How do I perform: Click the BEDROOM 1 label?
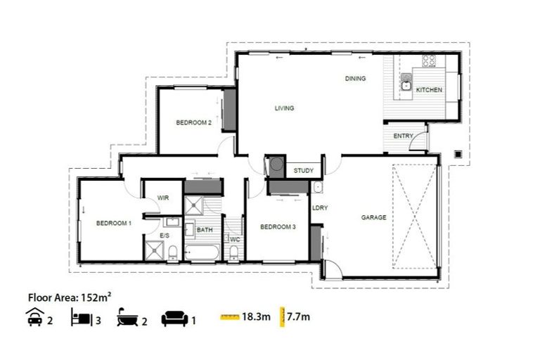click(x=114, y=223)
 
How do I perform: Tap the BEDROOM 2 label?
click(x=193, y=122)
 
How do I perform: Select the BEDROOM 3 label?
click(x=278, y=226)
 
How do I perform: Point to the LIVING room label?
click(x=284, y=108)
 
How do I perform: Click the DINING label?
click(x=355, y=78)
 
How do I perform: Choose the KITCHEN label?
click(x=429, y=90)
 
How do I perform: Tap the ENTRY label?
click(x=403, y=136)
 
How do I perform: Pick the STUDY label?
click(x=304, y=170)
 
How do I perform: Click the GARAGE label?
click(x=373, y=217)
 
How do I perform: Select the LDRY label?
click(x=320, y=207)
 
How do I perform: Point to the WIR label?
click(x=163, y=198)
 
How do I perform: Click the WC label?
click(x=235, y=239)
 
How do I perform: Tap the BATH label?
click(x=205, y=229)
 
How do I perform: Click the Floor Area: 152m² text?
click(x=68, y=297)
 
